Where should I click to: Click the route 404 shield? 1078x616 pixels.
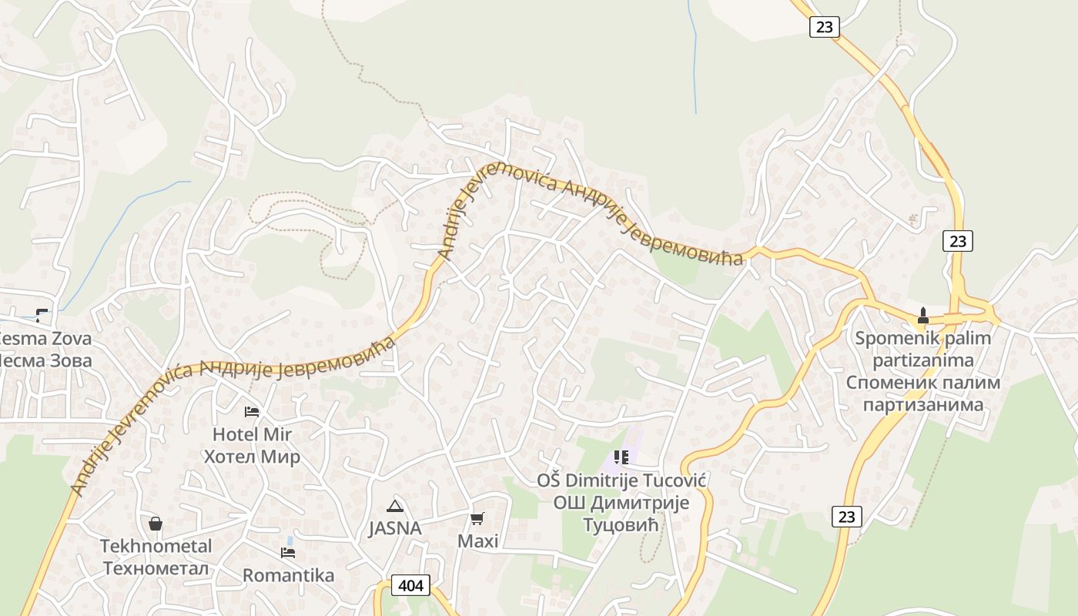[411, 585]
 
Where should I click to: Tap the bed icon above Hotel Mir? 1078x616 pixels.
[252, 412]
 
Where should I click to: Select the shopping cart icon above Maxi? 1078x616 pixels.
[477, 518]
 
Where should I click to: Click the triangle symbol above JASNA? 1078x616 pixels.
[395, 506]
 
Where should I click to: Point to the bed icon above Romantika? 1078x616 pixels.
[288, 553]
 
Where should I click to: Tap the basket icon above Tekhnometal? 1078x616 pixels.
[156, 524]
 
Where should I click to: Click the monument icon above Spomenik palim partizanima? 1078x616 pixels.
[922, 316]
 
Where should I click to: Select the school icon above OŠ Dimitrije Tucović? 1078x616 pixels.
[621, 457]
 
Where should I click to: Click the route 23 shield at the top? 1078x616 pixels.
[824, 27]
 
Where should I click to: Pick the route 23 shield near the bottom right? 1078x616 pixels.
[846, 517]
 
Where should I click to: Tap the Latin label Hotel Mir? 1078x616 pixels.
[252, 434]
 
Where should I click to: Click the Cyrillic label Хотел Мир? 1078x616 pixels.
[252, 457]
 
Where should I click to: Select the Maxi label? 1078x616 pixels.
[477, 541]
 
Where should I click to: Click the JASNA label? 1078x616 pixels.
[395, 529]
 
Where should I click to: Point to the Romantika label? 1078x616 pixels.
[288, 576]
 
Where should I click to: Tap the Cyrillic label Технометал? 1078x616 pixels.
[156, 568]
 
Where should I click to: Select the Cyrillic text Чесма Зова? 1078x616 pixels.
[43, 360]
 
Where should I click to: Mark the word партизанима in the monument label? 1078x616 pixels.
[922, 404]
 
